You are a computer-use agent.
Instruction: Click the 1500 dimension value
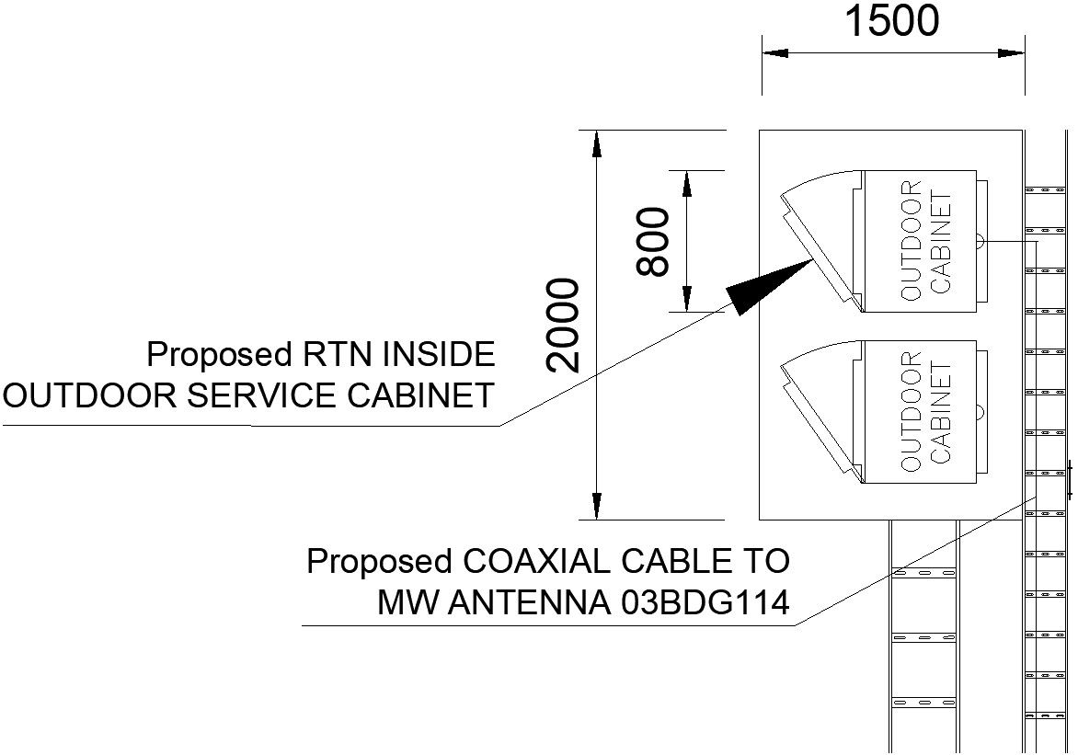891,22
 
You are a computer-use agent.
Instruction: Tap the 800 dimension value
654,241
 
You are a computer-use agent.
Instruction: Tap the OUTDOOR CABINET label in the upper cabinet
925,241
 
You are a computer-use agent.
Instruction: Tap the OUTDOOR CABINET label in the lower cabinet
925,411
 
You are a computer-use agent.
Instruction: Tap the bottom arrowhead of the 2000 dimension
597,507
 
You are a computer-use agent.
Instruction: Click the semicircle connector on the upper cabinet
980,241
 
